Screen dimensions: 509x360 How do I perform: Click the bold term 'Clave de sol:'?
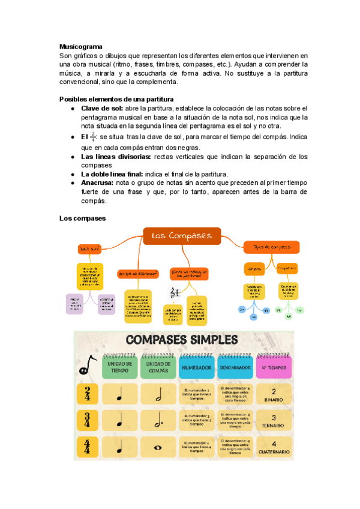tap(101, 108)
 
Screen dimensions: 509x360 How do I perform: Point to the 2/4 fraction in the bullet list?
tap(92, 137)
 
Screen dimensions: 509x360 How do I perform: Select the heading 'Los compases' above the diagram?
tap(82, 218)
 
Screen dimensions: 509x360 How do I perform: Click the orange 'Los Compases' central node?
tap(181, 236)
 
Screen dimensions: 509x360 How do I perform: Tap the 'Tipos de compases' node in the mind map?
tap(272, 247)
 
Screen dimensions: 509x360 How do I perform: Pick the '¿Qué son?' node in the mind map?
tap(88, 248)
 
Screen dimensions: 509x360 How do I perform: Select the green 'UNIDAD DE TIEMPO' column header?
tap(121, 367)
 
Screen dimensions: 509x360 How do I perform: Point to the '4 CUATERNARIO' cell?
tap(273, 447)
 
